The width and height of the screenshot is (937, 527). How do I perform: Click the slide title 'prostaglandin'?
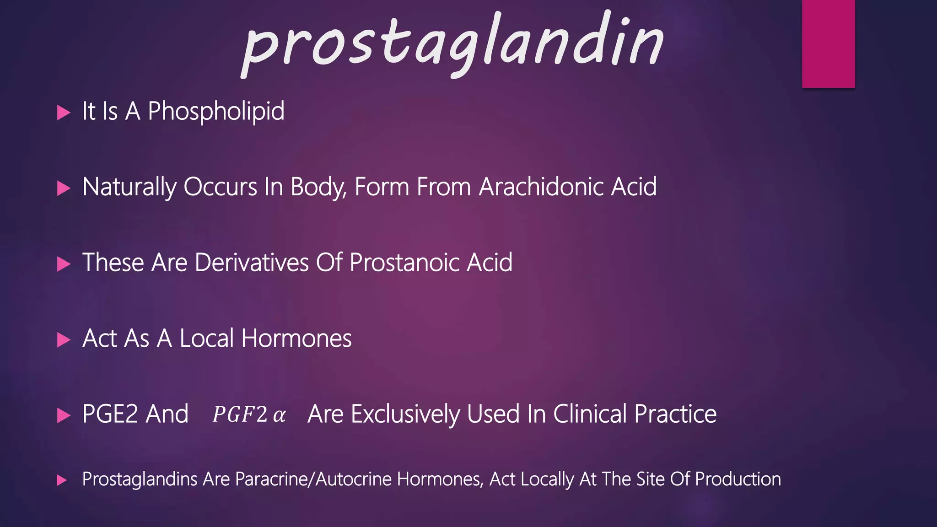pos(453,43)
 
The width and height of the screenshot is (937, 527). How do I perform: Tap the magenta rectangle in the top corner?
pos(828,43)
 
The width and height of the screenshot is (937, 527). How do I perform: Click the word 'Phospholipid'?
pos(216,111)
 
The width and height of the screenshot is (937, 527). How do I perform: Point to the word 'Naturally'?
pos(129,188)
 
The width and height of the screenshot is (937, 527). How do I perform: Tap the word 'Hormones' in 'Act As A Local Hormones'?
pos(296,339)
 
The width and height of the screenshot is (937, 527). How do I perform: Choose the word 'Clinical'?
pos(590,414)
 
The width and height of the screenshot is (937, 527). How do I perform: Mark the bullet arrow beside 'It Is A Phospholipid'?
pos(64,113)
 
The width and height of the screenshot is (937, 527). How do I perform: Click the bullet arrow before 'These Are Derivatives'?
pos(64,264)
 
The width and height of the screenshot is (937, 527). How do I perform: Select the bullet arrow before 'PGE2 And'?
pos(64,415)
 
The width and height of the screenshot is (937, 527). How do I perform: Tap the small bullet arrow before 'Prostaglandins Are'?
pos(62,480)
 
